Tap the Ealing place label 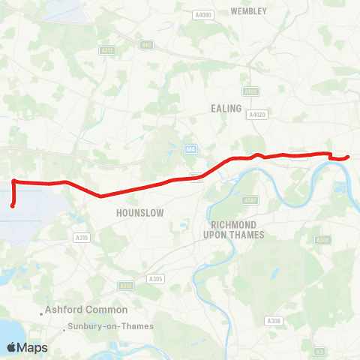[226, 109]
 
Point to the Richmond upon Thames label [235, 229]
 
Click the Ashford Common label [85, 309]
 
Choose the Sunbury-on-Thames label [110, 326]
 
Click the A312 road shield [107, 50]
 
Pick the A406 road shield [250, 91]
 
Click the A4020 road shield [258, 115]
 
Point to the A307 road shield [250, 200]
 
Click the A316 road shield [125, 286]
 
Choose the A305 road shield [156, 279]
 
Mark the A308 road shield [274, 321]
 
